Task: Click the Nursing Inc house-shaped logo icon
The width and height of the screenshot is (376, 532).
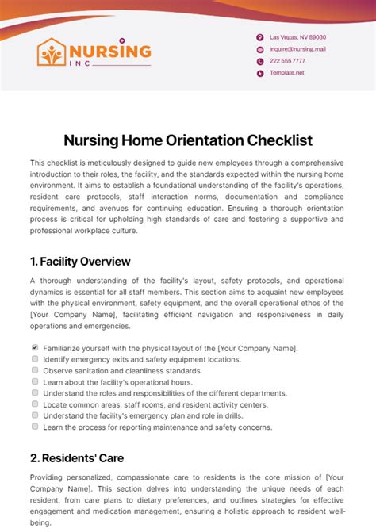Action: (53, 53)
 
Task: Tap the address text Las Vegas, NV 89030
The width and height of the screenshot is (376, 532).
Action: (297, 37)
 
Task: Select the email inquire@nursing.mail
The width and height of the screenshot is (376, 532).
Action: (297, 49)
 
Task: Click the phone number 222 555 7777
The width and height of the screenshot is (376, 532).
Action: (287, 61)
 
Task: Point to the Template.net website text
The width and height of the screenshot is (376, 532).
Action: (287, 72)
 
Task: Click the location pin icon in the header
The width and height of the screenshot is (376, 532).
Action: (259, 37)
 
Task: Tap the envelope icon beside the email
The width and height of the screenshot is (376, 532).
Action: (259, 49)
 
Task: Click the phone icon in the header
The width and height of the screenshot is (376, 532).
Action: (259, 61)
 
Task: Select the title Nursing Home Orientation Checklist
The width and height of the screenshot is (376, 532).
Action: (188, 140)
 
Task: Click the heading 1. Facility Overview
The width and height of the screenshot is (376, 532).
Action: (80, 262)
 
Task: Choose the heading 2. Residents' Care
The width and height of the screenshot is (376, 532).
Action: (77, 457)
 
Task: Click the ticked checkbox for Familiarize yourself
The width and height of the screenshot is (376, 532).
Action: (35, 348)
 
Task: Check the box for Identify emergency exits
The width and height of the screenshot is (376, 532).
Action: (35, 359)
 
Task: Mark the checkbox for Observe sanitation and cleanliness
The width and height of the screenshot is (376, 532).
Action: (35, 370)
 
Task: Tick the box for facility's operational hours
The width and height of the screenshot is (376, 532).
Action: (35, 381)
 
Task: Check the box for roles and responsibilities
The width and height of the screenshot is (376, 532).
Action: (35, 392)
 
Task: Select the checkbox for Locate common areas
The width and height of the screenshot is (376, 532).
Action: (35, 404)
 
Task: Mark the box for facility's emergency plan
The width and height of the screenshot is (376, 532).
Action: (35, 415)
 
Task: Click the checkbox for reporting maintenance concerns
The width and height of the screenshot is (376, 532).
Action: (35, 426)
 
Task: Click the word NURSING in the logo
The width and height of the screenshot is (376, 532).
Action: (111, 51)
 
